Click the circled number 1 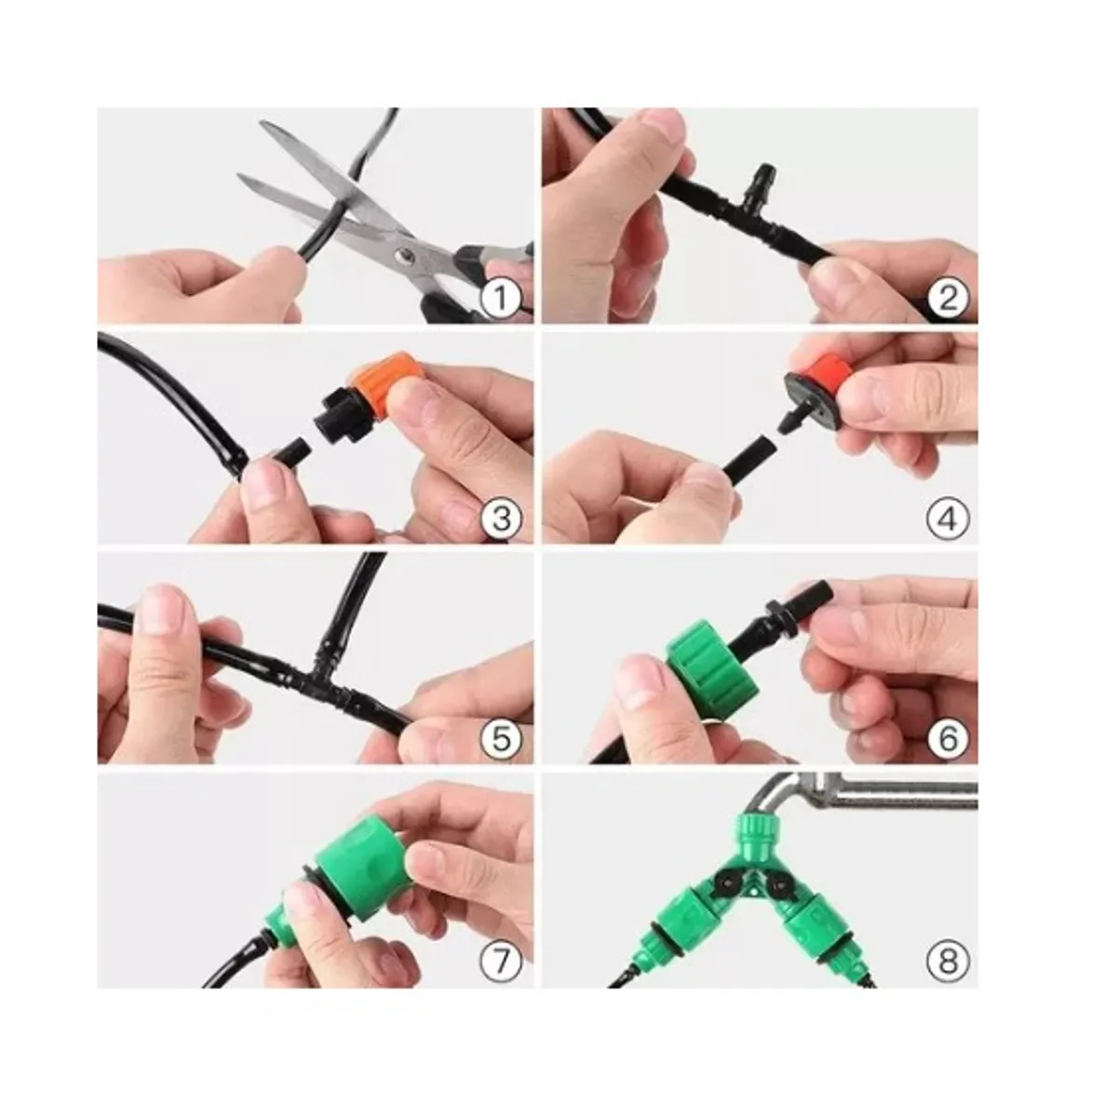coord(501,299)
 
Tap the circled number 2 coord(948,299)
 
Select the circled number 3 coord(501,518)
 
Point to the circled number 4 coord(948,518)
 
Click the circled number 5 coord(501,739)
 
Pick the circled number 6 coord(948,739)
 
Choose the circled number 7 coord(501,960)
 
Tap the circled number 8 coord(948,960)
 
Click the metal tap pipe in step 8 coord(894,794)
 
